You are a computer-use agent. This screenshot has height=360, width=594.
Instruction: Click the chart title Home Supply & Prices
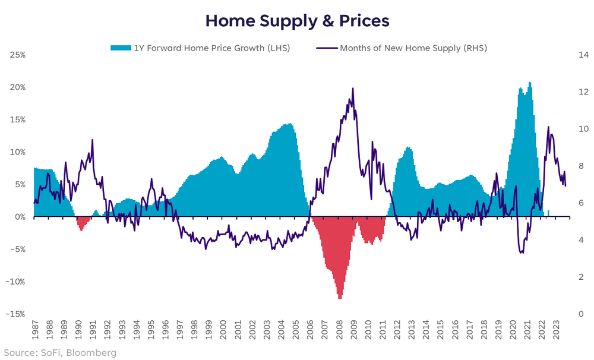[x=297, y=21]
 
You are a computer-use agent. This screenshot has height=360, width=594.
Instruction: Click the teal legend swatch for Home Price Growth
[x=118, y=48]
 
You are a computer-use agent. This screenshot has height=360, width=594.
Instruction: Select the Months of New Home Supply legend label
[x=413, y=48]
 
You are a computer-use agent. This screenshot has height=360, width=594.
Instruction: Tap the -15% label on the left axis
[x=16, y=314]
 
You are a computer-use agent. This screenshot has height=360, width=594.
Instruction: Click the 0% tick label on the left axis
[x=20, y=217]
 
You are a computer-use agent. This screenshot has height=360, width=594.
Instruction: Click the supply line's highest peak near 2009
[x=353, y=89]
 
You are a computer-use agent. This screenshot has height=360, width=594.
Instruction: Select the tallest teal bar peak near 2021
[x=529, y=83]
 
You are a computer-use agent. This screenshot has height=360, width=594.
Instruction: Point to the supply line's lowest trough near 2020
[x=522, y=253]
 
